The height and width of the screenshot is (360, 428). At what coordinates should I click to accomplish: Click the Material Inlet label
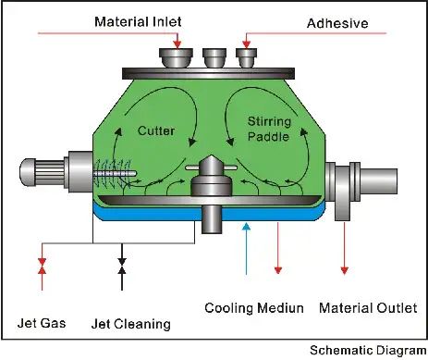(x=138, y=22)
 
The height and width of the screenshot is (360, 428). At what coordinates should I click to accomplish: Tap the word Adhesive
(x=337, y=23)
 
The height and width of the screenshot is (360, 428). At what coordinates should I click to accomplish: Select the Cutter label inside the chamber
(x=156, y=130)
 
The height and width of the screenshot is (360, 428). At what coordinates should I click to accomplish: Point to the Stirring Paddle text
(x=269, y=129)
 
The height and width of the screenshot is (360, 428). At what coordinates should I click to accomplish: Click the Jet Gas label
(x=42, y=323)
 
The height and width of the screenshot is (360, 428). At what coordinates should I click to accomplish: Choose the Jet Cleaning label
(x=131, y=324)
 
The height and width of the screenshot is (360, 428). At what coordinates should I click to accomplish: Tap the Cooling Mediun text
(x=254, y=308)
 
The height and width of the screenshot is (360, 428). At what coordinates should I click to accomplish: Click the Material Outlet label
(x=368, y=308)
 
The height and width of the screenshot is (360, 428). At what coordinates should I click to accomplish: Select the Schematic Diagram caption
(x=368, y=351)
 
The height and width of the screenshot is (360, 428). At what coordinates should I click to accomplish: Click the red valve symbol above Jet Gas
(x=43, y=267)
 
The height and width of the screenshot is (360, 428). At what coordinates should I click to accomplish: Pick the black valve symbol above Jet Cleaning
(x=122, y=266)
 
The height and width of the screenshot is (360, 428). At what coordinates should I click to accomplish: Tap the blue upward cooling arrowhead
(x=246, y=227)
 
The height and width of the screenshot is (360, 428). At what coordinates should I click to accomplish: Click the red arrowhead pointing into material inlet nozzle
(x=177, y=44)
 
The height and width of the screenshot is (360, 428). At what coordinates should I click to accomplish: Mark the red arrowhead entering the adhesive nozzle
(x=246, y=44)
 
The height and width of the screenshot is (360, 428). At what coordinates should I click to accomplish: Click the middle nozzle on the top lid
(x=214, y=58)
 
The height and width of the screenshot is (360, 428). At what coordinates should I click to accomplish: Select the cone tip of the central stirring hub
(x=212, y=155)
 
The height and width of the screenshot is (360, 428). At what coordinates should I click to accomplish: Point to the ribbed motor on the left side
(x=43, y=172)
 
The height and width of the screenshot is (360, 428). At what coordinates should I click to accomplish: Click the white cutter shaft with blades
(x=115, y=174)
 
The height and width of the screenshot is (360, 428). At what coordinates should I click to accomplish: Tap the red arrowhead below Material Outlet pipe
(x=345, y=270)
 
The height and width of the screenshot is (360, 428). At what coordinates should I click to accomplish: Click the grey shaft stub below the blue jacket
(x=212, y=219)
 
